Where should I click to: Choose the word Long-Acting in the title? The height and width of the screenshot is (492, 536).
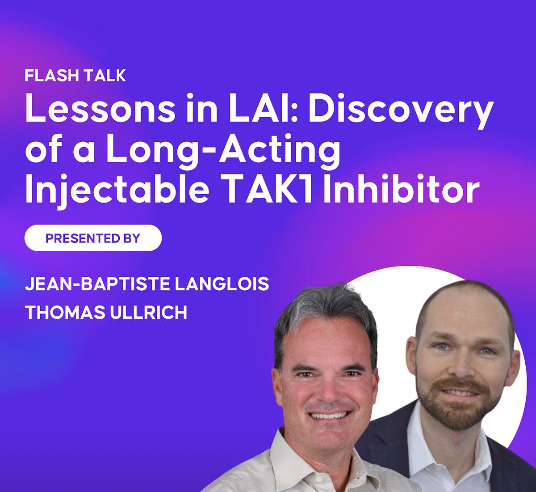(223, 150)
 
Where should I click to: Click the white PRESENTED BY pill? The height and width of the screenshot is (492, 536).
(93, 238)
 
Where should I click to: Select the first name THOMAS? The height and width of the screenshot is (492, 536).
(65, 313)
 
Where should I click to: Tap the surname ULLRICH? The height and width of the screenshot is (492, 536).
(148, 313)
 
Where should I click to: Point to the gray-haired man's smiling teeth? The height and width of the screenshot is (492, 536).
(328, 416)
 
